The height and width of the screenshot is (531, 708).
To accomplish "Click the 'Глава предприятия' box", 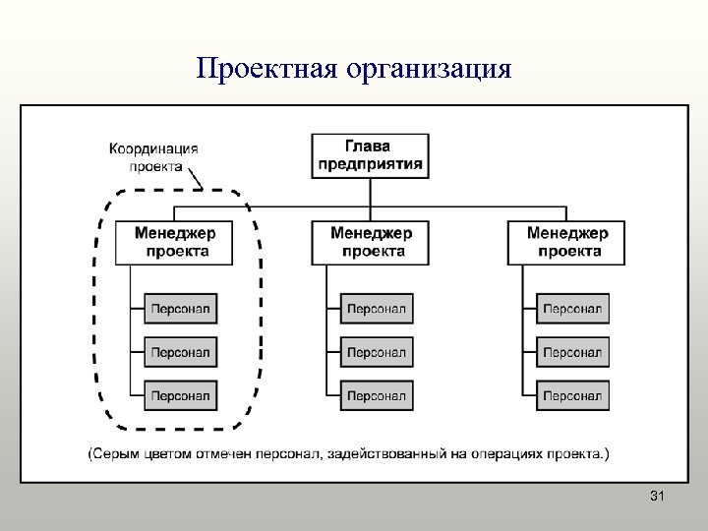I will [371, 155].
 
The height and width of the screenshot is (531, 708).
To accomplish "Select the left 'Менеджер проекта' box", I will [176, 243].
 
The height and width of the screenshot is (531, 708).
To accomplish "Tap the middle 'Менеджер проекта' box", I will [371, 243].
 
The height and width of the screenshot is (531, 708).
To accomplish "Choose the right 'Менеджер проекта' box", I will [566, 243].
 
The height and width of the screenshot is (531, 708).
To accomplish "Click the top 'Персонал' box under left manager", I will [181, 309].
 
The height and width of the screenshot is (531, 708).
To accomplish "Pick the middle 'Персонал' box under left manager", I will [181, 352].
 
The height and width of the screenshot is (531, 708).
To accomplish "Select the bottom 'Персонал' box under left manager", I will [181, 395].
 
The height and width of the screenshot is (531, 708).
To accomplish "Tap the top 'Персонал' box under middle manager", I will [377, 309].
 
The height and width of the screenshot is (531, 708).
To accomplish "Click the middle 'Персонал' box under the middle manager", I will [377, 352].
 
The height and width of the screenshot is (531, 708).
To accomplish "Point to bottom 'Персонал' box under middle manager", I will [377, 395].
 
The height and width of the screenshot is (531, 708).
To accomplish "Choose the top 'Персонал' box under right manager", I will [572, 309].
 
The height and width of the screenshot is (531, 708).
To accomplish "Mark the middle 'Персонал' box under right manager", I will [572, 352].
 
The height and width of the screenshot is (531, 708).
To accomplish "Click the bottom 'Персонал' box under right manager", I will [572, 395].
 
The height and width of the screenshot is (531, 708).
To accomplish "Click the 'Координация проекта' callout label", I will [153, 157].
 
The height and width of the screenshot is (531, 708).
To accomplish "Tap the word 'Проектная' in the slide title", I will [265, 70].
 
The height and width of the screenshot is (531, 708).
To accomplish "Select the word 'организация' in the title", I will [429, 70].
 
